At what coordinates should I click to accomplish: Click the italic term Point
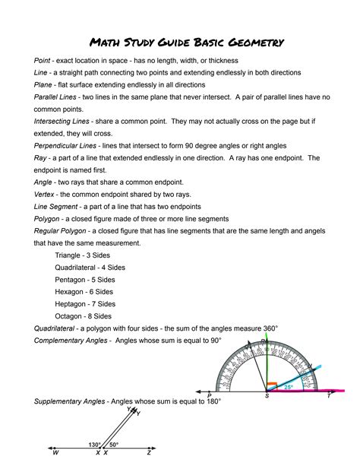[42, 59]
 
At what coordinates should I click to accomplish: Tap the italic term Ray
[39, 158]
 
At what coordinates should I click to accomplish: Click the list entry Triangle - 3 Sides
[84, 255]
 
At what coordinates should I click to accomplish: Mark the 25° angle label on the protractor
[288, 387]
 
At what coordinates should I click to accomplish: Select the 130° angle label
[94, 445]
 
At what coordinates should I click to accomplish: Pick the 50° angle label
[114, 445]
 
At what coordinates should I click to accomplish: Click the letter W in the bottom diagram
[55, 453]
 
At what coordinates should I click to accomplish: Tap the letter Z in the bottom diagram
[150, 453]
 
